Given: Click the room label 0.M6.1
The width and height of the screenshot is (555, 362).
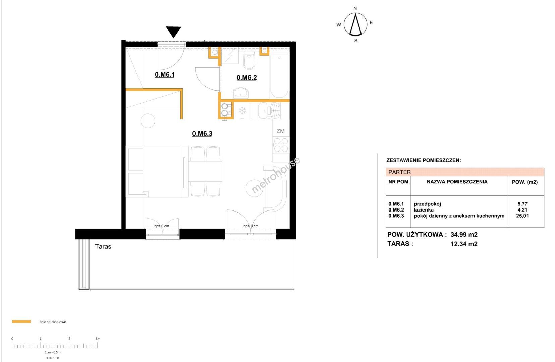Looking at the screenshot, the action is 165,74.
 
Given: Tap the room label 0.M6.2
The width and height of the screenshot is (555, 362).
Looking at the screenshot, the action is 246,78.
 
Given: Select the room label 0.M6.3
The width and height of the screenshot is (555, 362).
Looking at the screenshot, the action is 202,134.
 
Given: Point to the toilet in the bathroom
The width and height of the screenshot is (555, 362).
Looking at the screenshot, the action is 249,60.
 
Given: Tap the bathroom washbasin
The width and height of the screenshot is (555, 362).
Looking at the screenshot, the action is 240,93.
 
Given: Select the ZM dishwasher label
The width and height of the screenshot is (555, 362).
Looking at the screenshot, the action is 280,131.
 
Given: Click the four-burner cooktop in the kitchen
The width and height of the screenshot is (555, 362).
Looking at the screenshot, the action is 281,145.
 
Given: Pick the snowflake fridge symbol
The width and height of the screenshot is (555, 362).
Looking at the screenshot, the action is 242,111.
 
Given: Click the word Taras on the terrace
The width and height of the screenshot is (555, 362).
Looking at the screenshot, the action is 103,247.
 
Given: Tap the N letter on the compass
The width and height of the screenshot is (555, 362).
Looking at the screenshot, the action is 355,8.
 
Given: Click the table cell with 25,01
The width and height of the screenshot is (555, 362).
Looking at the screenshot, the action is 522,216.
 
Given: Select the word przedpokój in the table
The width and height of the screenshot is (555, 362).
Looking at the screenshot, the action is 427,204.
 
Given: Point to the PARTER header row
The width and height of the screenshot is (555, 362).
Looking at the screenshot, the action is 465,172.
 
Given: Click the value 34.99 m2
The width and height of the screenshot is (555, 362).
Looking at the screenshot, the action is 464,235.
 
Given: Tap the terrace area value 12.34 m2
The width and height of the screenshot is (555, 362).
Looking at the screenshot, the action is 464,244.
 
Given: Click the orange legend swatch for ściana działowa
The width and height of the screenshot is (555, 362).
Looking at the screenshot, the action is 21,322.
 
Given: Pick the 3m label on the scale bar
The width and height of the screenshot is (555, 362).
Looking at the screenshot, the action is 98,339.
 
